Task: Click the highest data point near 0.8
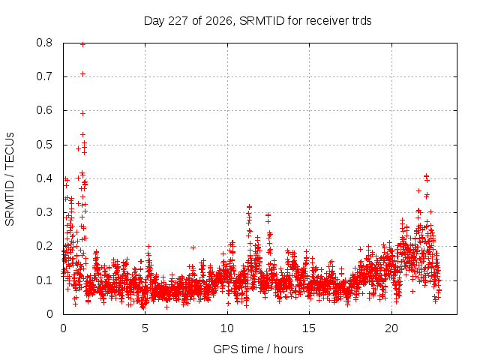(x=82, y=45)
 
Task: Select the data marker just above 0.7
(x=82, y=73)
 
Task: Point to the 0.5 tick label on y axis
(x=44, y=145)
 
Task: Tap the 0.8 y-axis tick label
(x=44, y=43)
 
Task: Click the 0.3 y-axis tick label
(x=44, y=212)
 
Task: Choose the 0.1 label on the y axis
(x=44, y=280)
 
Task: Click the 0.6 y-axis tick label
(x=44, y=110)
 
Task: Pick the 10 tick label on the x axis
(x=227, y=328)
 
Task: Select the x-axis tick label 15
(x=309, y=328)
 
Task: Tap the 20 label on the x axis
(x=391, y=328)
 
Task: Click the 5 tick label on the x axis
(x=145, y=328)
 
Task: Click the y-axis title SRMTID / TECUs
(x=10, y=179)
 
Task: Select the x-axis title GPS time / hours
(x=258, y=349)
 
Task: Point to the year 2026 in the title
(x=219, y=21)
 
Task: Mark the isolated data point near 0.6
(x=82, y=113)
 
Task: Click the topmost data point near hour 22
(x=426, y=175)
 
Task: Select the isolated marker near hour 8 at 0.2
(x=193, y=247)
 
